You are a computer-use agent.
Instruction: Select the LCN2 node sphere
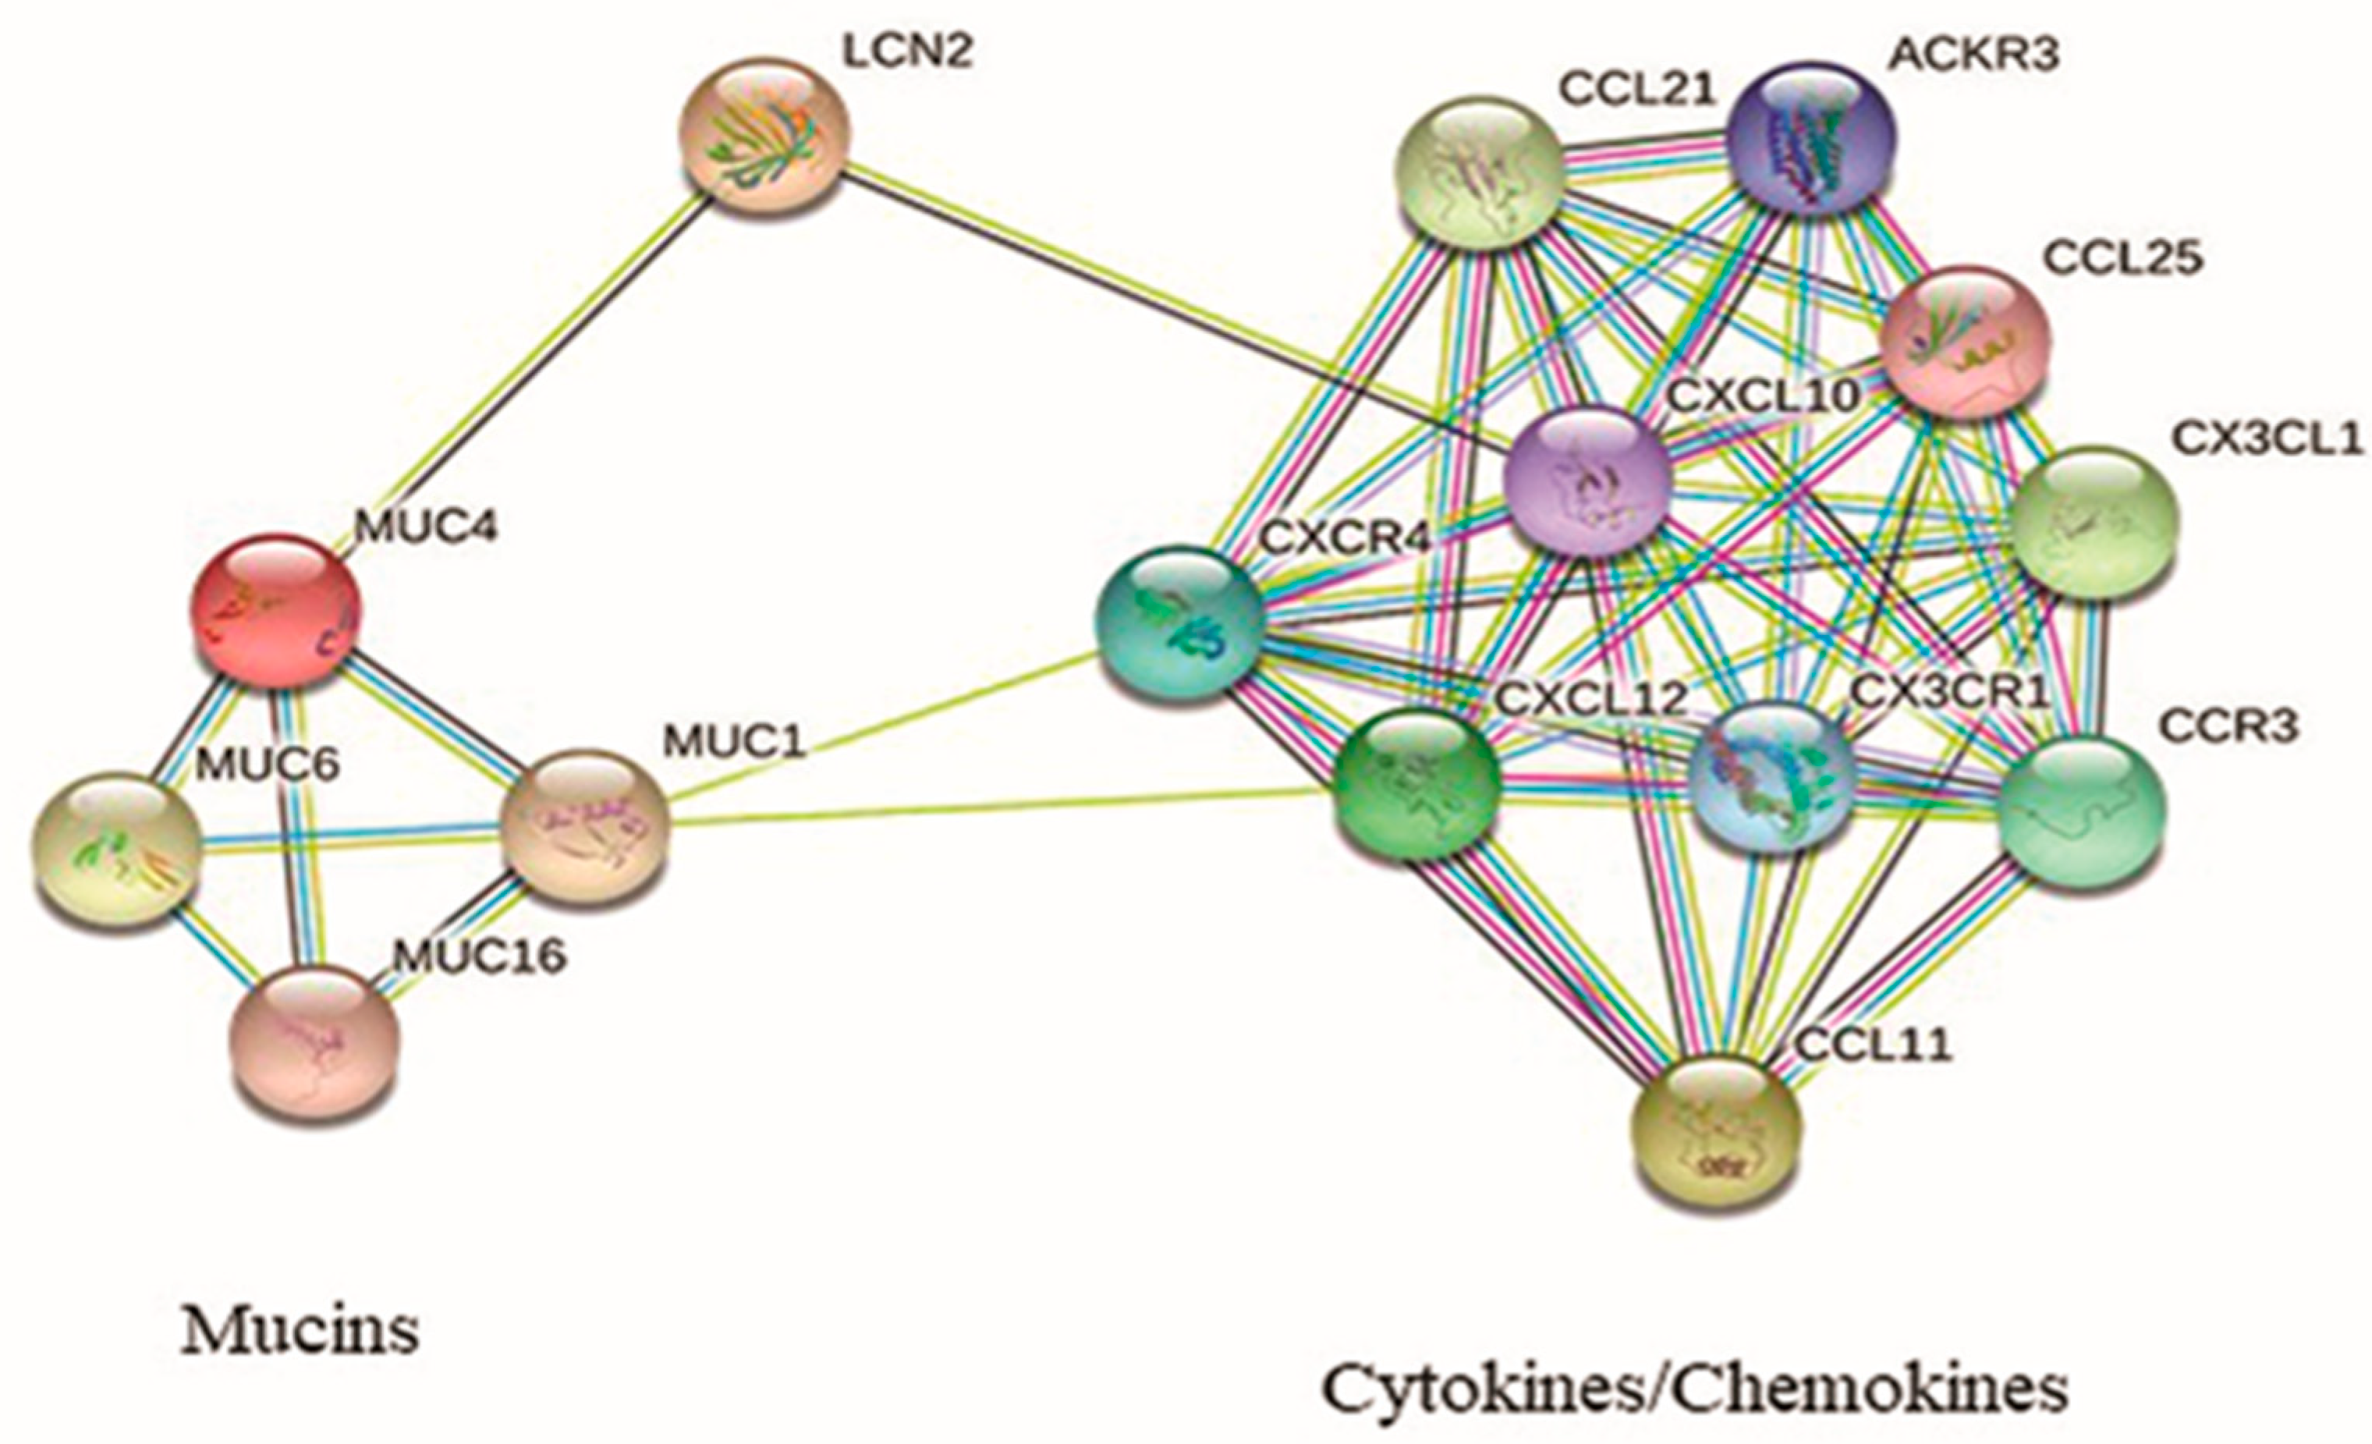pos(764,135)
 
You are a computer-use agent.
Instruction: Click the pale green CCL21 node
pos(1480,173)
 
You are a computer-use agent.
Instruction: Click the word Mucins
pos(300,1332)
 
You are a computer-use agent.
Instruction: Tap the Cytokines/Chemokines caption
pos(1694,1389)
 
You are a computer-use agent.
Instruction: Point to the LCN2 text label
pos(907,52)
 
